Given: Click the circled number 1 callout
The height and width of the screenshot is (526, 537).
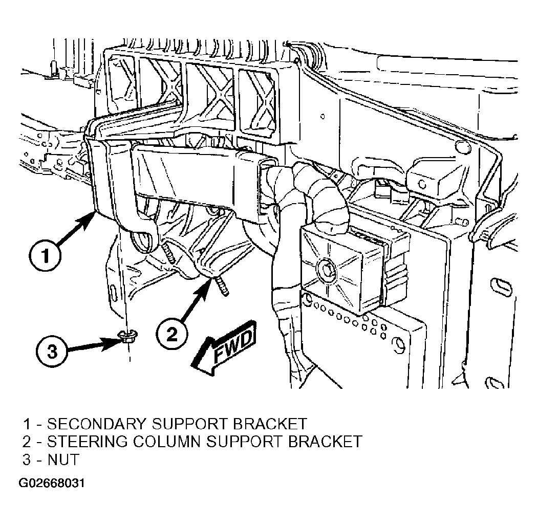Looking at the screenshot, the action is (x=45, y=256).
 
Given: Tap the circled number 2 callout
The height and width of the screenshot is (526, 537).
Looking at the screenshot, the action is (x=172, y=334).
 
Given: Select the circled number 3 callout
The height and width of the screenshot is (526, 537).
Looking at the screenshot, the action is (x=52, y=351).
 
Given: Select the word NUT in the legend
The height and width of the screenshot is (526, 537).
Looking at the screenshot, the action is (x=63, y=459).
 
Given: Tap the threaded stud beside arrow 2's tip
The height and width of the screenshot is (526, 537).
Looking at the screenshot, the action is (x=221, y=286).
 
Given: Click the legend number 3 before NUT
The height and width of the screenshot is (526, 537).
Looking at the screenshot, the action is (x=27, y=459).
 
